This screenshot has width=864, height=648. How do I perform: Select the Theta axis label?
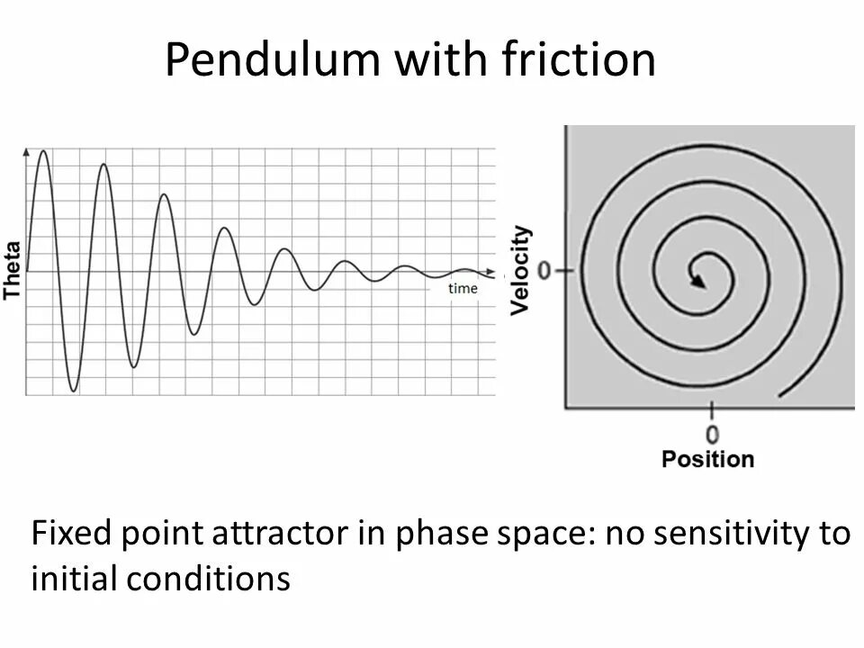(12, 270)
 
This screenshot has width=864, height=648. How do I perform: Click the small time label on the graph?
(463, 288)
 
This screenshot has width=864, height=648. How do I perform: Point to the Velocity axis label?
(520, 270)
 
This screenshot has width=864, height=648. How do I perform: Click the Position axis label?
(708, 459)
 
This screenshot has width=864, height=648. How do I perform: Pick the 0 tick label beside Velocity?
(544, 270)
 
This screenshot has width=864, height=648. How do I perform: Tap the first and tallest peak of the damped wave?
(42, 151)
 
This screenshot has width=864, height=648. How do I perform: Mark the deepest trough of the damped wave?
(73, 391)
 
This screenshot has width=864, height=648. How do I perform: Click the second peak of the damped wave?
(103, 165)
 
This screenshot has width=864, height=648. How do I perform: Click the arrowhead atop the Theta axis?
(26, 150)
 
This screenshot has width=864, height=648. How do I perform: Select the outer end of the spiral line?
(780, 395)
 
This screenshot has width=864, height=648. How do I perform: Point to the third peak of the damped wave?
(164, 195)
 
